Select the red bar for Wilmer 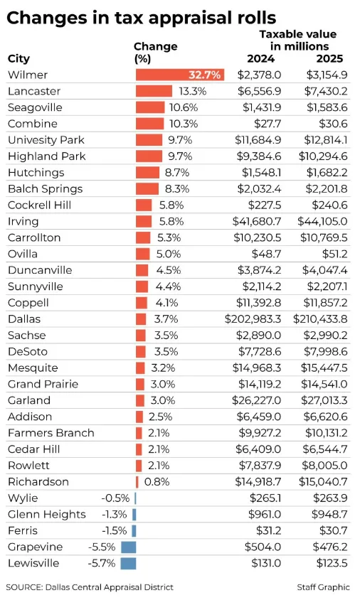179,75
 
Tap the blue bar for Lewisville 128,563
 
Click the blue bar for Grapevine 128,547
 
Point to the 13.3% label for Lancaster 192,91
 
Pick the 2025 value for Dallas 319,318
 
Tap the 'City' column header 18,58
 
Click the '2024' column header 260,58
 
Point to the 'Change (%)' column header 155,52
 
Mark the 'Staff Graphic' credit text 323,586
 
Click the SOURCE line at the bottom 90,586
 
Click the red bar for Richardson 137,481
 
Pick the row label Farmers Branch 51,432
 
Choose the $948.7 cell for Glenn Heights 330,514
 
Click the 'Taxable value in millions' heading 297,40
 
